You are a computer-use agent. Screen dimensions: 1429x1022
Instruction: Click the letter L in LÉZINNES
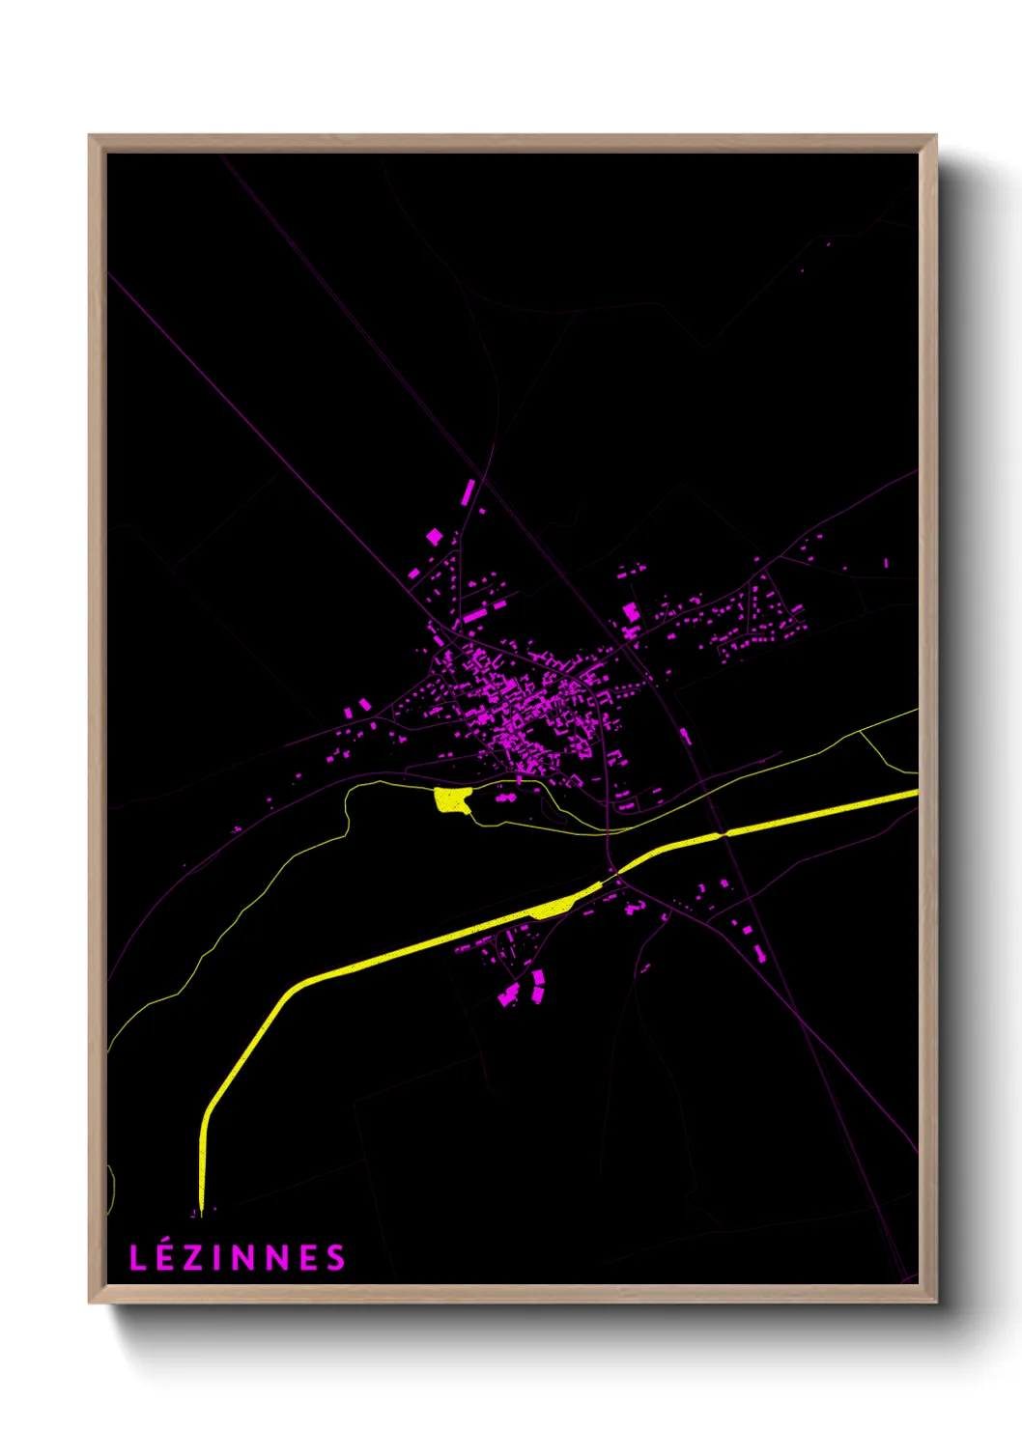(x=137, y=1258)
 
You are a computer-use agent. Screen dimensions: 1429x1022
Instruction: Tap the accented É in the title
(x=164, y=1257)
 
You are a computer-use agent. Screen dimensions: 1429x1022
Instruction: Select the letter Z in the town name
(x=191, y=1258)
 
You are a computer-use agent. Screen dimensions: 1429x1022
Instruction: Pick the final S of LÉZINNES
(x=335, y=1258)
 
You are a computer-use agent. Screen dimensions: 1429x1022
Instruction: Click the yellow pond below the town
(x=451, y=799)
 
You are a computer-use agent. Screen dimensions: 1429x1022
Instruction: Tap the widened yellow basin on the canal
(x=555, y=907)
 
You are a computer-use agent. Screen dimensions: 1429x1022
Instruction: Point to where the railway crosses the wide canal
(x=722, y=833)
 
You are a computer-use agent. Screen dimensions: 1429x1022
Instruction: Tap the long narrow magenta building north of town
(x=468, y=491)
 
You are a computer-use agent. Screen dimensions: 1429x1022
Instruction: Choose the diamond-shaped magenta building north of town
(x=435, y=536)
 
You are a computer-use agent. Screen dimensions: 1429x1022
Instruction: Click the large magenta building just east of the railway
(x=631, y=611)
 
